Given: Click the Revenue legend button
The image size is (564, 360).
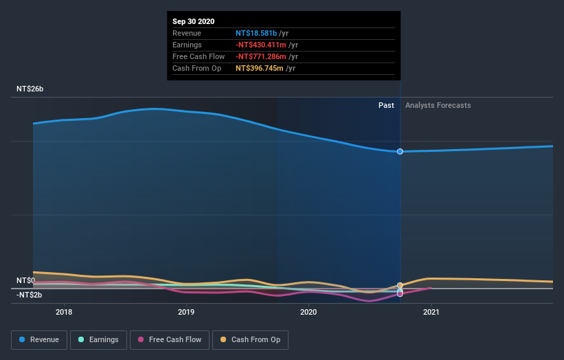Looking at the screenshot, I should [40, 339].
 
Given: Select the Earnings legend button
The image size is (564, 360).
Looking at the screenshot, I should [99, 339].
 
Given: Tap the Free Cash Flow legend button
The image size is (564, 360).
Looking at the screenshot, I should [169, 339].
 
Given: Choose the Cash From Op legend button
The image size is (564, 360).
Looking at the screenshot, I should [250, 339].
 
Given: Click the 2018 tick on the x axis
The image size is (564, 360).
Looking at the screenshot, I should [64, 312].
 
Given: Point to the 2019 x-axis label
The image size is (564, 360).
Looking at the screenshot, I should [186, 312].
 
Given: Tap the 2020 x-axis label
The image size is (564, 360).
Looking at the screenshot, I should [308, 312].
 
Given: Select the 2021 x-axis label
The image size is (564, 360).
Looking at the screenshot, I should [431, 312].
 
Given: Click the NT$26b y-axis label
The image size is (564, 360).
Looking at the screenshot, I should [30, 89].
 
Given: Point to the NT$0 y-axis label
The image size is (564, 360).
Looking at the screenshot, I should [25, 280].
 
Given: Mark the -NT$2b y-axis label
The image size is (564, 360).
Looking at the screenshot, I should [30, 295].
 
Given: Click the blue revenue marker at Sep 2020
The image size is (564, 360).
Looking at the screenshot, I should [400, 151].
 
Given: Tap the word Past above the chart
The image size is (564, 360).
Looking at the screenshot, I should [386, 105].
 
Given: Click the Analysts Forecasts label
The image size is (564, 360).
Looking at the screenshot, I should [438, 105].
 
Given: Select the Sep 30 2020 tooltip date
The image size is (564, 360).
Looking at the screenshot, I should [193, 21].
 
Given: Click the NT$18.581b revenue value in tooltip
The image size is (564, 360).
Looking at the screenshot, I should [256, 33].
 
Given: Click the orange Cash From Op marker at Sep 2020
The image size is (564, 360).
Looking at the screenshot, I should [400, 285].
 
